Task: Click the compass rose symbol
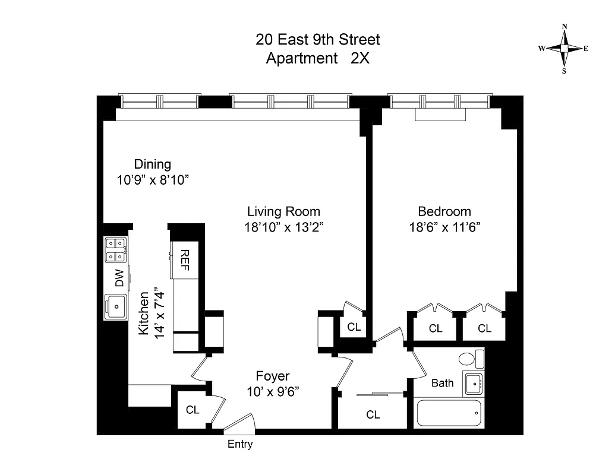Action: pyautogui.click(x=564, y=49)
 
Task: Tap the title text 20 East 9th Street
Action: pyautogui.click(x=317, y=40)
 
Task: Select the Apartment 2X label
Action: pyautogui.click(x=317, y=59)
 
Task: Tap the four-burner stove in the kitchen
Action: pyautogui.click(x=115, y=249)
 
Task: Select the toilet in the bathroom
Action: pyautogui.click(x=469, y=359)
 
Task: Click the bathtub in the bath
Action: pyautogui.click(x=449, y=413)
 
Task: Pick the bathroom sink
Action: pyautogui.click(x=474, y=384)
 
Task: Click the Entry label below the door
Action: pyautogui.click(x=240, y=444)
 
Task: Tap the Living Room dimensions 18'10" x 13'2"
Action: pyautogui.click(x=283, y=226)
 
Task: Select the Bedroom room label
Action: pyautogui.click(x=444, y=211)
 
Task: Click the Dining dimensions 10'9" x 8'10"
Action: pyautogui.click(x=153, y=179)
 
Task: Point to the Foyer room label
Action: pyautogui.click(x=273, y=376)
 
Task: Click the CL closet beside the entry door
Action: pyautogui.click(x=192, y=410)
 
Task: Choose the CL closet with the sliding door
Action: pyautogui.click(x=373, y=414)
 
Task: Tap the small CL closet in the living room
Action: pyautogui.click(x=354, y=327)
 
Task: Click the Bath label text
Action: pyautogui.click(x=442, y=383)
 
